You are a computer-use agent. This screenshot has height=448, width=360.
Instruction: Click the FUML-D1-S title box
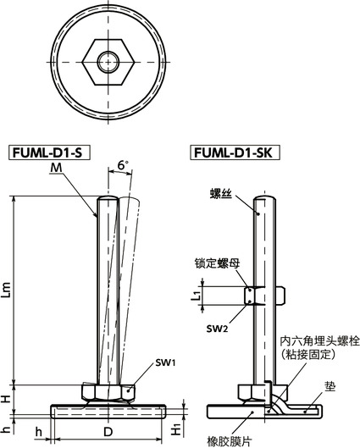(50, 153)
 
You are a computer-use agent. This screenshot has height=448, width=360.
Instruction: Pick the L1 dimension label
(197, 295)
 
